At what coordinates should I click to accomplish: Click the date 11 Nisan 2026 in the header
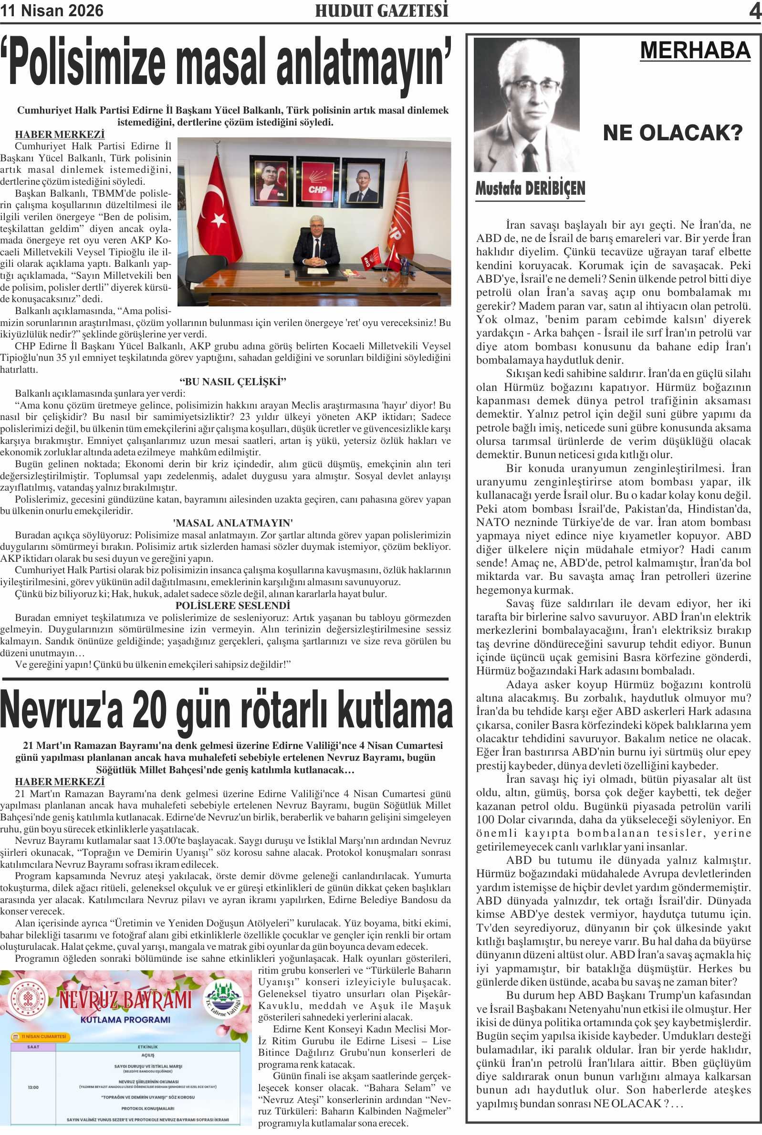[52, 11]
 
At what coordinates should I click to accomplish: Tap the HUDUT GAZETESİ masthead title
[382, 11]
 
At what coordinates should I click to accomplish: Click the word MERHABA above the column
[695, 51]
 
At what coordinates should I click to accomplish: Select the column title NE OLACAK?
[673, 133]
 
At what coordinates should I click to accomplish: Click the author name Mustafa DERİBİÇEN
[530, 189]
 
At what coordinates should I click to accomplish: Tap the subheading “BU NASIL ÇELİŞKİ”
[232, 381]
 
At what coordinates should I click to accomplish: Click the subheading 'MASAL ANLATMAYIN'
[233, 523]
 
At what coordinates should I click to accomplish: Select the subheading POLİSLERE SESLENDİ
[232, 606]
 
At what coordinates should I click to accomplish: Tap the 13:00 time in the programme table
[33, 1087]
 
